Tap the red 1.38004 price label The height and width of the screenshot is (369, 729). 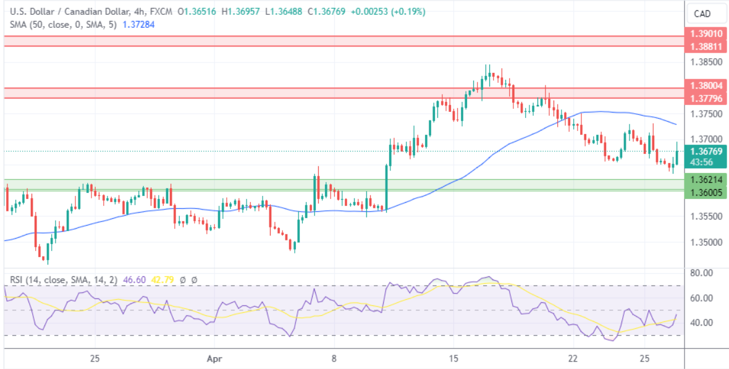point(706,87)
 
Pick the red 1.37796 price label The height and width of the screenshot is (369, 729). point(706,98)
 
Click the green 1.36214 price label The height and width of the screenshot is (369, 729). point(706,180)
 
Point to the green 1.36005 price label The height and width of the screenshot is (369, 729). point(706,192)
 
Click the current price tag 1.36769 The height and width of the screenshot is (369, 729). point(706,151)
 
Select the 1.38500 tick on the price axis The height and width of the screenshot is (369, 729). point(706,62)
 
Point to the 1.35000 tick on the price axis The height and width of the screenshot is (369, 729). point(706,242)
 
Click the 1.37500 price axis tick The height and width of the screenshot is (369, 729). point(706,114)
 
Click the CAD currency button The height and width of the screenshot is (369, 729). point(702,14)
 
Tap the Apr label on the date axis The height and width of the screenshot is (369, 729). point(214,358)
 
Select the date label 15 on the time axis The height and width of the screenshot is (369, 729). point(454,358)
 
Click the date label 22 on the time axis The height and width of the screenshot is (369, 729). point(573,358)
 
